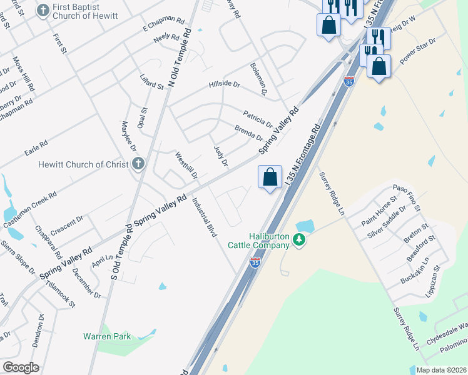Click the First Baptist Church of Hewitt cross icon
(x=43, y=10)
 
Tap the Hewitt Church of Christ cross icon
(x=139, y=164)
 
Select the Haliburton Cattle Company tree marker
(x=300, y=240)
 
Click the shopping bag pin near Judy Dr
(x=270, y=177)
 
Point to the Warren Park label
(x=107, y=336)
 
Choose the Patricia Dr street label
(x=258, y=117)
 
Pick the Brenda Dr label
(x=248, y=132)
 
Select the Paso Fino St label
(x=406, y=197)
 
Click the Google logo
(x=21, y=367)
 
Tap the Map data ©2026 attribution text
(x=441, y=370)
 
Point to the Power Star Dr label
(x=417, y=55)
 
